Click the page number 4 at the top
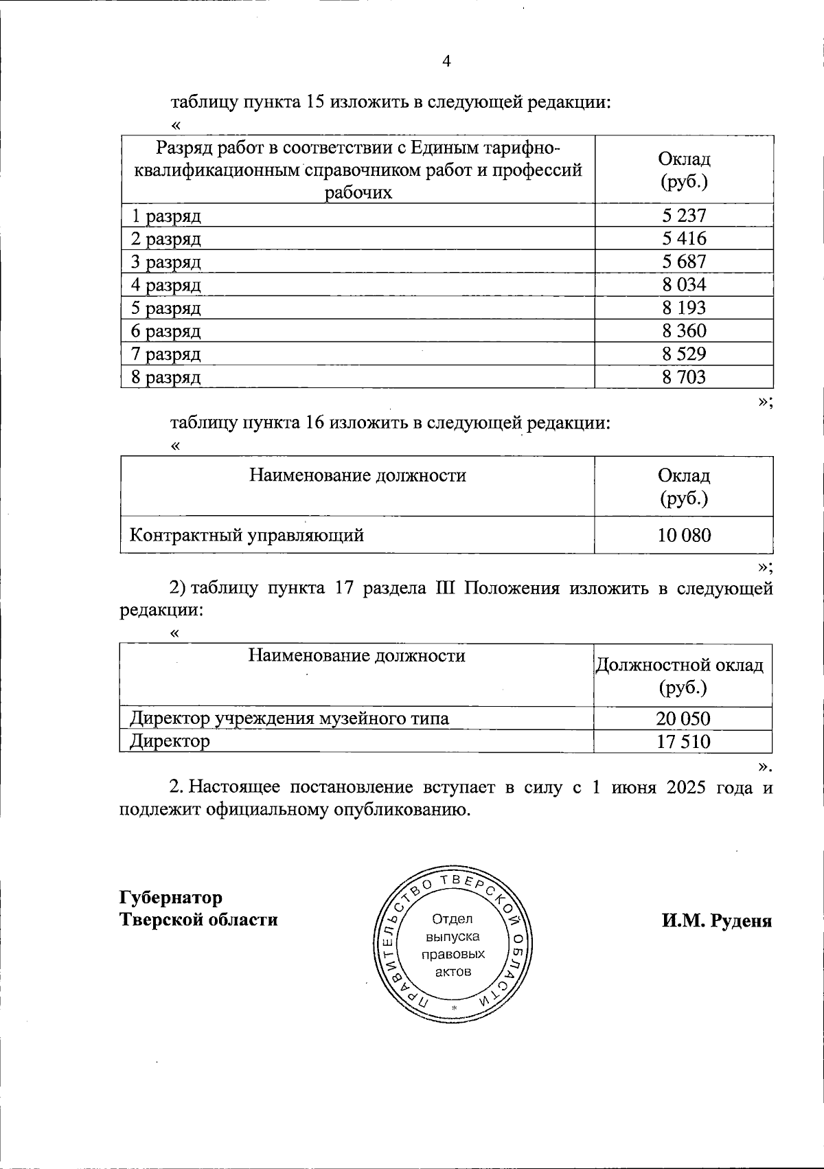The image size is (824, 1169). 446,62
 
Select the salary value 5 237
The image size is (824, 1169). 684,216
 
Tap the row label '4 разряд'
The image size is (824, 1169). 166,285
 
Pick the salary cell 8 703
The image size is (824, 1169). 684,377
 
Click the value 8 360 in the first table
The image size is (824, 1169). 684,331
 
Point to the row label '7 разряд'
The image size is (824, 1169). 166,354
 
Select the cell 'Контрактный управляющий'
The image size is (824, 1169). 247,535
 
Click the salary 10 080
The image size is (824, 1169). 684,535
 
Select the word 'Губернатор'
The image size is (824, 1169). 171,898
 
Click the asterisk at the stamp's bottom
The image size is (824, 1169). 454,1008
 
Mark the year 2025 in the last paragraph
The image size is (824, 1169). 686,787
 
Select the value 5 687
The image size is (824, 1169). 684,262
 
